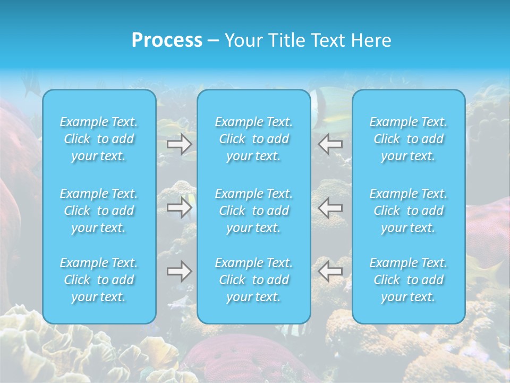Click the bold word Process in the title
[x=167, y=40]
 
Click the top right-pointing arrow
[x=180, y=144]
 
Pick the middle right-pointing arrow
[x=180, y=207]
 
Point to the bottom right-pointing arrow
[x=180, y=271]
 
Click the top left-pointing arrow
[x=330, y=144]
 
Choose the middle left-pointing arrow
[x=330, y=207]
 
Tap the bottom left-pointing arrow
[x=330, y=271]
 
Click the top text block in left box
[x=99, y=139]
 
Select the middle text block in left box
[x=99, y=211]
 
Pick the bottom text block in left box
[x=99, y=280]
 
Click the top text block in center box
[x=254, y=139]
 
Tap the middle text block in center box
[x=254, y=211]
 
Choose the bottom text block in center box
[x=254, y=280]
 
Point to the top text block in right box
[x=409, y=139]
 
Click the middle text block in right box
[x=409, y=211]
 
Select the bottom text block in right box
[x=409, y=280]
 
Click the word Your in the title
[x=242, y=40]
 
